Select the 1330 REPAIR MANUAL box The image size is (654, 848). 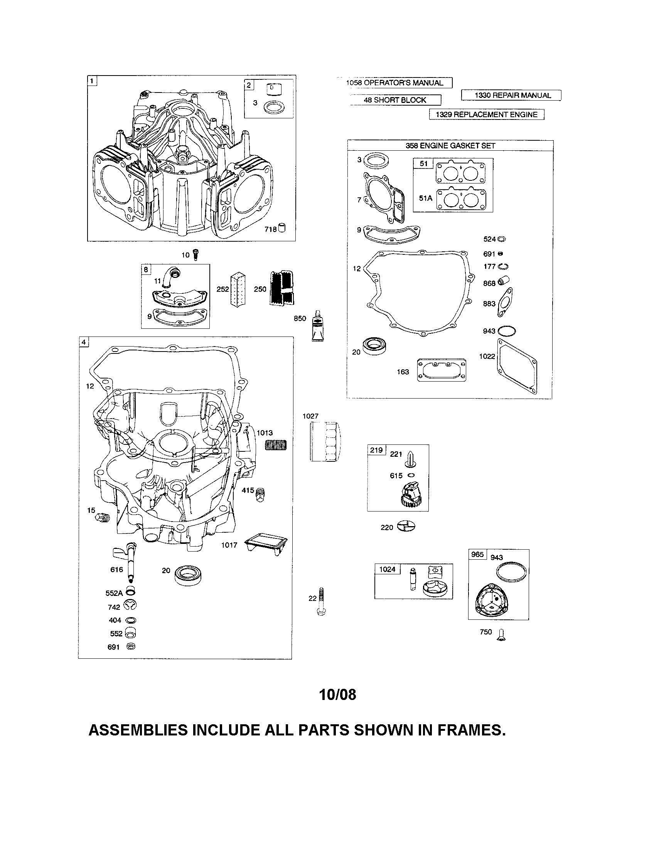[511, 95]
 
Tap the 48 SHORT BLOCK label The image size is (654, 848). [395, 100]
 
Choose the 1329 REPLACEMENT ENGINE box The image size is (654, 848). [486, 114]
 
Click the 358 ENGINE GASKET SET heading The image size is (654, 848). [450, 146]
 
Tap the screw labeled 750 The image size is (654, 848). [502, 634]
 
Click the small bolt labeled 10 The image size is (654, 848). [196, 255]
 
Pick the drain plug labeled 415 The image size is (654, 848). [260, 494]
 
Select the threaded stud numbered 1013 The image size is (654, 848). [276, 445]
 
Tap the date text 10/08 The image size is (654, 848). [337, 695]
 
